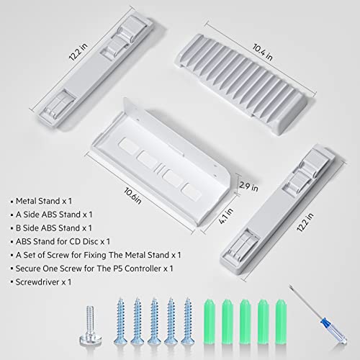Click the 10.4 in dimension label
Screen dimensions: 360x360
262,52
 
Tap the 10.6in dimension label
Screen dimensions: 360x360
132,196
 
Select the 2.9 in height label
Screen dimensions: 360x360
248,186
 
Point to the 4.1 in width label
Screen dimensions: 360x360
226,216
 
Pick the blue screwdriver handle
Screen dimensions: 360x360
334,330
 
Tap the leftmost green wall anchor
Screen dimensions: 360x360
209,321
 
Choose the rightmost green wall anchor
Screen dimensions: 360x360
281,321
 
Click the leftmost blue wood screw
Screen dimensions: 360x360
120,321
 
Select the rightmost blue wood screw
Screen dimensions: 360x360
188,321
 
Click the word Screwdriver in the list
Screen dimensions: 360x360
37,282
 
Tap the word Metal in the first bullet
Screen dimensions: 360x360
26,201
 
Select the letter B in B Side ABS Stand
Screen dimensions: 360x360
18,228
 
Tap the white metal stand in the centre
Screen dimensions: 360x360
161,163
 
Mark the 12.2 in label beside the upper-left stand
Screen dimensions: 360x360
78,52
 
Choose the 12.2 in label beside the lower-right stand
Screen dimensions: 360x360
305,222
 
